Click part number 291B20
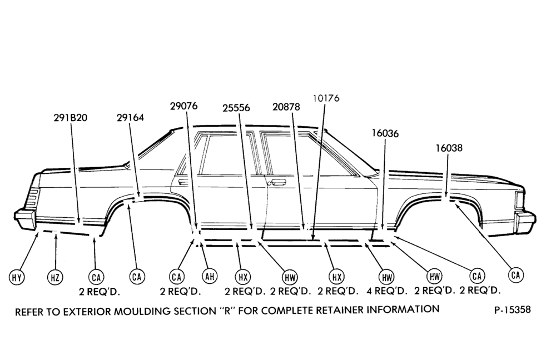point(70,118)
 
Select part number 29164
point(130,118)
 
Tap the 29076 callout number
point(183,106)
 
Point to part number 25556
point(236,108)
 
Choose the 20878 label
point(286,107)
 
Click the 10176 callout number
point(326,98)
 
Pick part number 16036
point(385,133)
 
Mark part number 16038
point(449,148)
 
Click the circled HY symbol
point(17,277)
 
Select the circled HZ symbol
point(55,277)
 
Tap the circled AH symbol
point(210,276)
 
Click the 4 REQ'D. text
point(386,291)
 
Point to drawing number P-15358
point(513,309)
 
